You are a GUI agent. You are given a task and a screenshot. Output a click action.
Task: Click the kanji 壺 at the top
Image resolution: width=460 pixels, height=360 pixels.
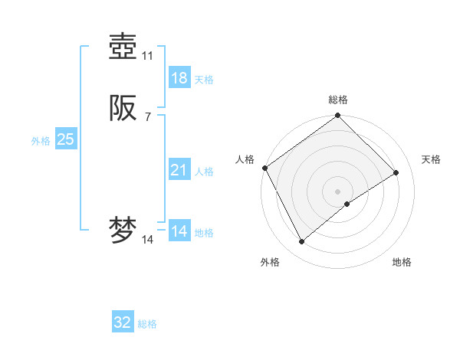pyautogui.click(x=123, y=47)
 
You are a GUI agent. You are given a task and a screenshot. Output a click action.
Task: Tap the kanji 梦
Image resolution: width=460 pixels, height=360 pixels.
pyautogui.click(x=123, y=231)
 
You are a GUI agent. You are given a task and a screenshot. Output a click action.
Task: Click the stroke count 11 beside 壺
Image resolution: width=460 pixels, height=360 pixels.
pyautogui.click(x=148, y=56)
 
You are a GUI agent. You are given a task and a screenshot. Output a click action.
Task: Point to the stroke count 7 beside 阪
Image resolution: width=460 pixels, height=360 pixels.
pyautogui.click(x=148, y=116)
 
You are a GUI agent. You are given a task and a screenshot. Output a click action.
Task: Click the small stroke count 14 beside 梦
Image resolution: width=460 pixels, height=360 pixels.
pyautogui.click(x=148, y=240)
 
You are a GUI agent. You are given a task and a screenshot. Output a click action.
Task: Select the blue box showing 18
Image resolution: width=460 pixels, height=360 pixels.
pyautogui.click(x=179, y=78)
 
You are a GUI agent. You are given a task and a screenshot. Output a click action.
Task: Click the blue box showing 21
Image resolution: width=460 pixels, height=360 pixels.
pyautogui.click(x=179, y=170)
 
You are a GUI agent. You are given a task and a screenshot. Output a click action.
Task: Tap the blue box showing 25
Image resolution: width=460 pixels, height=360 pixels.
pyautogui.click(x=66, y=139)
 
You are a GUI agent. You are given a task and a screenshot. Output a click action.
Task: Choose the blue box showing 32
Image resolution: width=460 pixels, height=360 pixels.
pyautogui.click(x=123, y=322)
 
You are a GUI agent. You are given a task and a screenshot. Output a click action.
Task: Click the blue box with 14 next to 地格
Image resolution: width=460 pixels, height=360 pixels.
pyautogui.click(x=179, y=231)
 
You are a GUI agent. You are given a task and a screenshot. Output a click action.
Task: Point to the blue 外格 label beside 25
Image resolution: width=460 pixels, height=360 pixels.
pyautogui.click(x=41, y=141)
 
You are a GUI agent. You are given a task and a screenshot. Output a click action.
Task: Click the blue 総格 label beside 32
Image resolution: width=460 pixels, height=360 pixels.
pyautogui.click(x=147, y=324)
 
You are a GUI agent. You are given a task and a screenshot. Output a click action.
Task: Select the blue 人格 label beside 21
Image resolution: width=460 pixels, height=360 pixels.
pyautogui.click(x=205, y=172)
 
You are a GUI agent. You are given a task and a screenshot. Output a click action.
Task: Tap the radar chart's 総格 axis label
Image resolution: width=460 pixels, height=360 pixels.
pyautogui.click(x=338, y=100)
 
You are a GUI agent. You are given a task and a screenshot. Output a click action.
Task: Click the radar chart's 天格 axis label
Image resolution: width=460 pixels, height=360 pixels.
pyautogui.click(x=432, y=159)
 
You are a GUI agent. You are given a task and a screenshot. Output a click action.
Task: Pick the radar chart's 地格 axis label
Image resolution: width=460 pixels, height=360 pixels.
pyautogui.click(x=402, y=262)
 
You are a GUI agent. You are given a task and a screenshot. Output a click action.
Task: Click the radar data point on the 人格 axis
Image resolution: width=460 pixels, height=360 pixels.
pyautogui.click(x=264, y=168)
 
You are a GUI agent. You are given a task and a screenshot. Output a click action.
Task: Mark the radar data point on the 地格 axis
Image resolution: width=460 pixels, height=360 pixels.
pyautogui.click(x=347, y=204)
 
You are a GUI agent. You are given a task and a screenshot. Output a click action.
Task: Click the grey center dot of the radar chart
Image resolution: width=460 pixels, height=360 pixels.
pyautogui.click(x=338, y=191)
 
